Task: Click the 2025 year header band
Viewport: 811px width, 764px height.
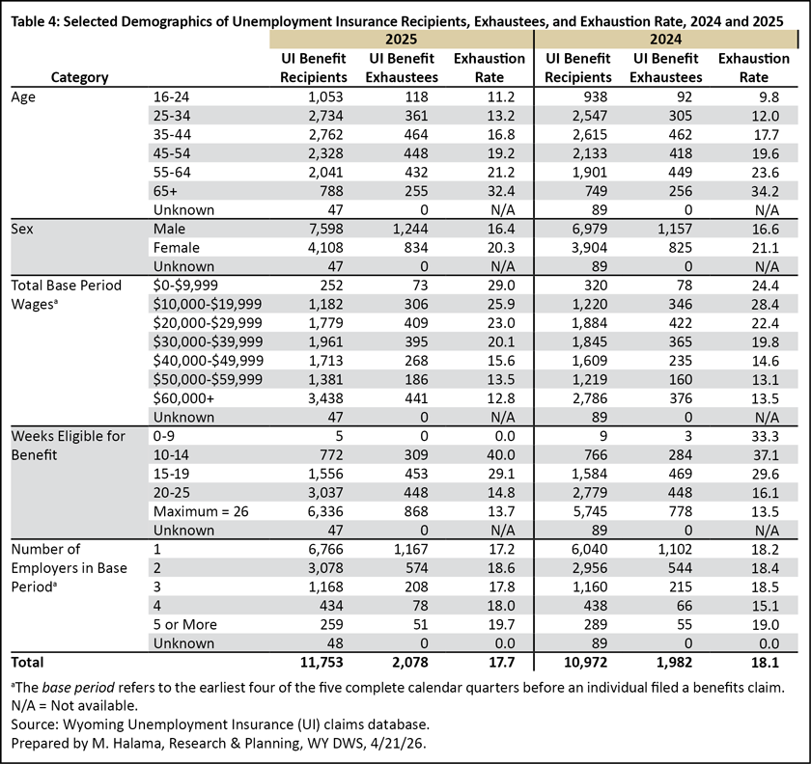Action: click(x=402, y=40)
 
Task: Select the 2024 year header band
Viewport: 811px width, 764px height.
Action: click(x=666, y=40)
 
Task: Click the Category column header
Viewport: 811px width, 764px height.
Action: click(x=79, y=77)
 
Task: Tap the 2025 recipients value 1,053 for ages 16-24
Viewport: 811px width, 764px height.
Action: click(x=326, y=96)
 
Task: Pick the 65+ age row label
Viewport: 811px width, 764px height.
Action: click(x=165, y=191)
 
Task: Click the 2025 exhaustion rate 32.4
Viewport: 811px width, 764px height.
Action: click(x=501, y=191)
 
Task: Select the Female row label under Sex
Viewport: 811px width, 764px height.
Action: click(x=177, y=248)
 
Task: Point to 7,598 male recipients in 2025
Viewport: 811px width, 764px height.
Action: click(x=326, y=229)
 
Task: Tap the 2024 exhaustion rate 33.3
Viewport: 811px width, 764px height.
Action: click(x=765, y=436)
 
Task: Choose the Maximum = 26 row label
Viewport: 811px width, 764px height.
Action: click(x=201, y=511)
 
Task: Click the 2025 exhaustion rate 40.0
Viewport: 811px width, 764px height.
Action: click(x=501, y=455)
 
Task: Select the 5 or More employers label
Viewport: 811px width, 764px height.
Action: click(x=184, y=624)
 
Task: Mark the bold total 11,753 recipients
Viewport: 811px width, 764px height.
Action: click(x=322, y=662)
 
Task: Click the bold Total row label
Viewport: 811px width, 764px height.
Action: click(x=27, y=662)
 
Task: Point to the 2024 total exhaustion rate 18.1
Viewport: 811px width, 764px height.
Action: click(x=765, y=662)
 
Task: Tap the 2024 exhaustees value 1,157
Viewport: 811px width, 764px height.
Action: click(x=675, y=229)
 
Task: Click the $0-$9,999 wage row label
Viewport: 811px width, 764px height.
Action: click(x=185, y=286)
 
